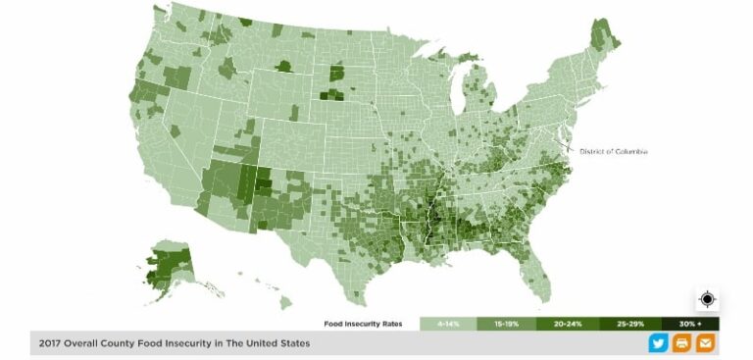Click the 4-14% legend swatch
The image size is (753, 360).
[x=447, y=324]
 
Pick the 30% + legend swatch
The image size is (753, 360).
[x=690, y=324]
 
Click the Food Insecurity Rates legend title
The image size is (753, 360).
[x=369, y=324]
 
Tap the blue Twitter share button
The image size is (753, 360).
[x=658, y=343]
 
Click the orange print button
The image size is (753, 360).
[x=681, y=343]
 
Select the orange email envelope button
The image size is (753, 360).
[x=705, y=343]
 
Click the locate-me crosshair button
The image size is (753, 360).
[x=708, y=299]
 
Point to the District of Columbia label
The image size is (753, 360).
[x=614, y=151]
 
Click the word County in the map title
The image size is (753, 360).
[x=126, y=343]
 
